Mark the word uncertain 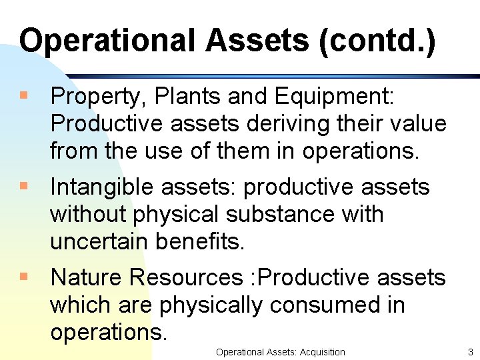coord(99,241)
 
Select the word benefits coord(200,241)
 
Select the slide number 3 coord(470,352)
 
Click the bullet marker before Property coord(24,97)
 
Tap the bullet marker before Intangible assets coord(24,187)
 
